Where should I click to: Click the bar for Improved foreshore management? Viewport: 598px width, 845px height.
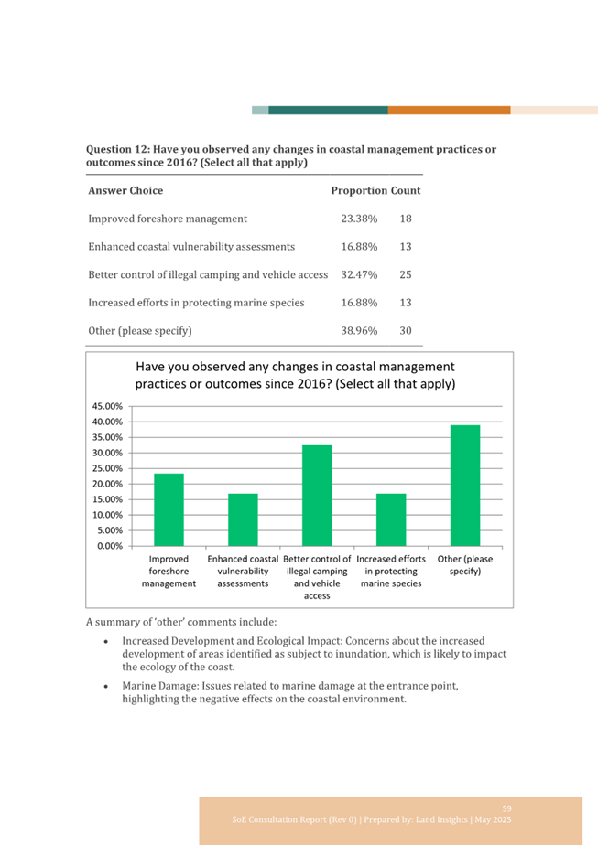click(x=169, y=509)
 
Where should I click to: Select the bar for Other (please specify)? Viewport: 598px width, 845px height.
click(x=465, y=486)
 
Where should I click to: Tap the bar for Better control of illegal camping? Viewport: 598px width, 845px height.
click(x=317, y=496)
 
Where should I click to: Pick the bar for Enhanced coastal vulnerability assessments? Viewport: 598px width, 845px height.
click(x=243, y=520)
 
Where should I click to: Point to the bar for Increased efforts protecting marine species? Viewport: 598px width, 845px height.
click(x=391, y=520)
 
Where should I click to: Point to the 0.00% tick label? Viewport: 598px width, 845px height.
click(x=110, y=546)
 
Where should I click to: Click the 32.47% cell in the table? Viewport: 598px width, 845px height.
click(x=360, y=275)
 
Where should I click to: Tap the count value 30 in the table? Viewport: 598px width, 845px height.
click(x=406, y=331)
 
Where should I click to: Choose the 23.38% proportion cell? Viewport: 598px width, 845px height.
click(x=360, y=219)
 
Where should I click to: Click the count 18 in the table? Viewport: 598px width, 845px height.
click(x=406, y=219)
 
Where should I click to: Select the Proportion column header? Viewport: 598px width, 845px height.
click(x=360, y=191)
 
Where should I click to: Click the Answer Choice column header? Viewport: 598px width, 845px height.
click(x=125, y=191)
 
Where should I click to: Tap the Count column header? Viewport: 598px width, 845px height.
click(x=406, y=191)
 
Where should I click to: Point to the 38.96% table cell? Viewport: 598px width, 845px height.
click(x=360, y=331)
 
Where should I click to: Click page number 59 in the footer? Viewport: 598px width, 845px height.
click(x=506, y=808)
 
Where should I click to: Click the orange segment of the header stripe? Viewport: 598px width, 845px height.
click(x=449, y=110)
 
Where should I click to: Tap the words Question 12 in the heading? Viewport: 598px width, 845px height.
click(x=116, y=149)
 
